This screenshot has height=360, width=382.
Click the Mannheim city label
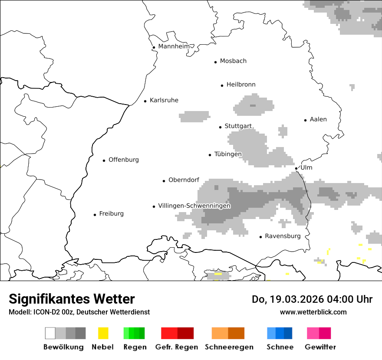coord(174,46)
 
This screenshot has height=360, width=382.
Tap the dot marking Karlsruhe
coord(145,101)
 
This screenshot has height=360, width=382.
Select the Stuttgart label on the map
coord(238,126)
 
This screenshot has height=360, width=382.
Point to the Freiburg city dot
coord(95,215)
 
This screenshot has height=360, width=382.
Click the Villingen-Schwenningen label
coord(194,206)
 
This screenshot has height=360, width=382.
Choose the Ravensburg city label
coord(283,236)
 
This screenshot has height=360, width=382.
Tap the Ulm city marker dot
coord(296,168)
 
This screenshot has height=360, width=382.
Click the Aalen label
coord(318,119)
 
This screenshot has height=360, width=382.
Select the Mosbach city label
coord(233,61)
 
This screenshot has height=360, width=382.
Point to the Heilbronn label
coord(241,85)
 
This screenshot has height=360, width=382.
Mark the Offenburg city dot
coord(104,160)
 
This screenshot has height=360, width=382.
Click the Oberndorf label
coord(184,180)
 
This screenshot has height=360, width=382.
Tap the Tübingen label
coord(228,154)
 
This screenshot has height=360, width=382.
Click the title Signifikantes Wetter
coord(72,299)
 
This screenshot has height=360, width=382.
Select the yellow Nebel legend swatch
coord(103,333)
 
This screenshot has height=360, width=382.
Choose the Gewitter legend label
coord(320,347)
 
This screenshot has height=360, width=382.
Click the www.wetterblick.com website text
coord(313,312)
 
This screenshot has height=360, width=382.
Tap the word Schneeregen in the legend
coord(229,347)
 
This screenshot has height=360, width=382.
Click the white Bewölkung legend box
coord(50,333)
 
